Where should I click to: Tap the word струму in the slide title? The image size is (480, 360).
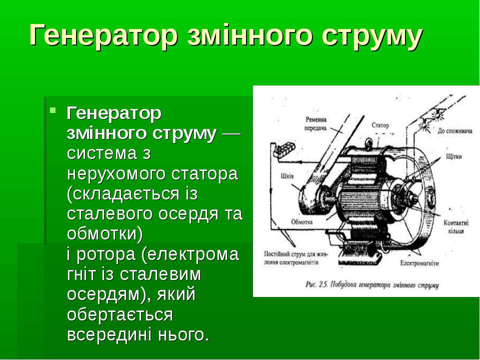372,36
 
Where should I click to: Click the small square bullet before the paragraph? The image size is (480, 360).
53,109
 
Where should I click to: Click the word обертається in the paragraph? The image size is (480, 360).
119,314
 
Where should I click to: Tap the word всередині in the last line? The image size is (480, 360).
109,334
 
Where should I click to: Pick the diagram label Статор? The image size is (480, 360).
380,125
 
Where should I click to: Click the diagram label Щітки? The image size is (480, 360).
454,156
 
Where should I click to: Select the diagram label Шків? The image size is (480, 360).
287,176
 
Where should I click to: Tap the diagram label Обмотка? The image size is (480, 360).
302,221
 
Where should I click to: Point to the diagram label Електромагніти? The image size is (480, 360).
419,263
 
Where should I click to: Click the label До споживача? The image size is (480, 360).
455,131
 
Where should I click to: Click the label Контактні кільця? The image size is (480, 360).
456,227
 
